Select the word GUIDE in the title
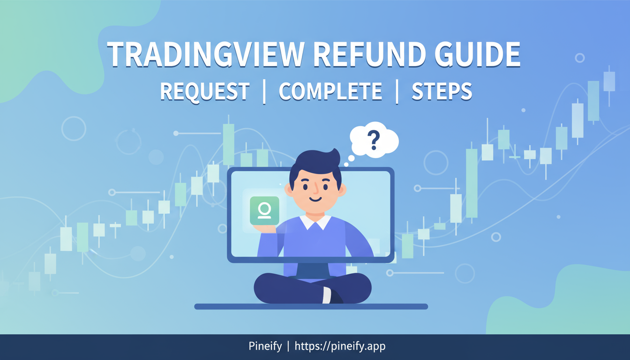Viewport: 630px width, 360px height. point(476,55)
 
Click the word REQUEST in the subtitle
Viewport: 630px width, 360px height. point(204,91)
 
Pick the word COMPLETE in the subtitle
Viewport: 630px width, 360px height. point(330,91)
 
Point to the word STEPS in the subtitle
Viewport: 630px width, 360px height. point(442,91)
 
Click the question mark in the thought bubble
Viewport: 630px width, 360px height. point(373,139)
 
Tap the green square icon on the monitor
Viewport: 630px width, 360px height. point(264,211)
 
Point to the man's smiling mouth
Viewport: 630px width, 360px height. point(315,199)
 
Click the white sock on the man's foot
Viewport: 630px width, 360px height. point(327,295)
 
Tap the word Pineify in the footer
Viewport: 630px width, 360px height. point(265,347)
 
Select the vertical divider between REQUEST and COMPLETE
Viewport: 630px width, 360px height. point(264,91)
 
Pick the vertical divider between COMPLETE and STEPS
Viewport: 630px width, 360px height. point(397,91)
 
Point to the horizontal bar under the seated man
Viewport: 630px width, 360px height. point(311,307)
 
